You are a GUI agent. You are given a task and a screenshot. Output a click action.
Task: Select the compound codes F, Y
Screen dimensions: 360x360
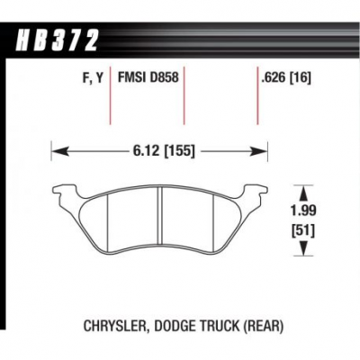[92, 78]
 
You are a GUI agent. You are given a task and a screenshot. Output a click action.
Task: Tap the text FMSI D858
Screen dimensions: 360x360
[148, 77]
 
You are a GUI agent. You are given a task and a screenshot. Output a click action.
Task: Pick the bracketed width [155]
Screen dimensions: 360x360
[178, 151]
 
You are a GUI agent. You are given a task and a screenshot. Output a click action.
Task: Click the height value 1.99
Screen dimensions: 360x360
[304, 211]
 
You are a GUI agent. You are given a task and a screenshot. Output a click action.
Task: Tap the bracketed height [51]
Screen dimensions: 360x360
[304, 231]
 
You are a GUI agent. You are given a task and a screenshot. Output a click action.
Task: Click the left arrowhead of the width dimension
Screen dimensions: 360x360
[59, 151]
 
